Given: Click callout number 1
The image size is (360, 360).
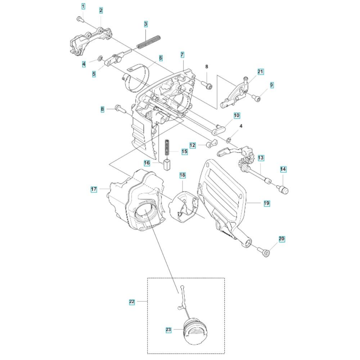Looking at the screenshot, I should (x=83, y=6).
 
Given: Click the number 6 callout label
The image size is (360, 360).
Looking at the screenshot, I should (x=161, y=58).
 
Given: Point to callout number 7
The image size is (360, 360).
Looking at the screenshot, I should (x=183, y=55).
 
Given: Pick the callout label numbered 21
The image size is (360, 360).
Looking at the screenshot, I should (x=261, y=72).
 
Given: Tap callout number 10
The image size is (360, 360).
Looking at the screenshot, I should (x=237, y=116).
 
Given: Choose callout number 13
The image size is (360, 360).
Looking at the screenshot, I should (x=261, y=158).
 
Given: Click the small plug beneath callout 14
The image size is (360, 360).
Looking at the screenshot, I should (x=284, y=189).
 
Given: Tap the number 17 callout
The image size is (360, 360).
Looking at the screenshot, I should (x=94, y=189).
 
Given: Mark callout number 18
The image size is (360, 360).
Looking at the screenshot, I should (x=183, y=175).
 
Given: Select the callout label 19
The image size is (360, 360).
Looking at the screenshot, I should (x=266, y=203).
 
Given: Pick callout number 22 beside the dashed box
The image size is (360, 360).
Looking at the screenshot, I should (x=132, y=302).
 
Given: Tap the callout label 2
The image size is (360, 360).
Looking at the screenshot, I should (x=101, y=10).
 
